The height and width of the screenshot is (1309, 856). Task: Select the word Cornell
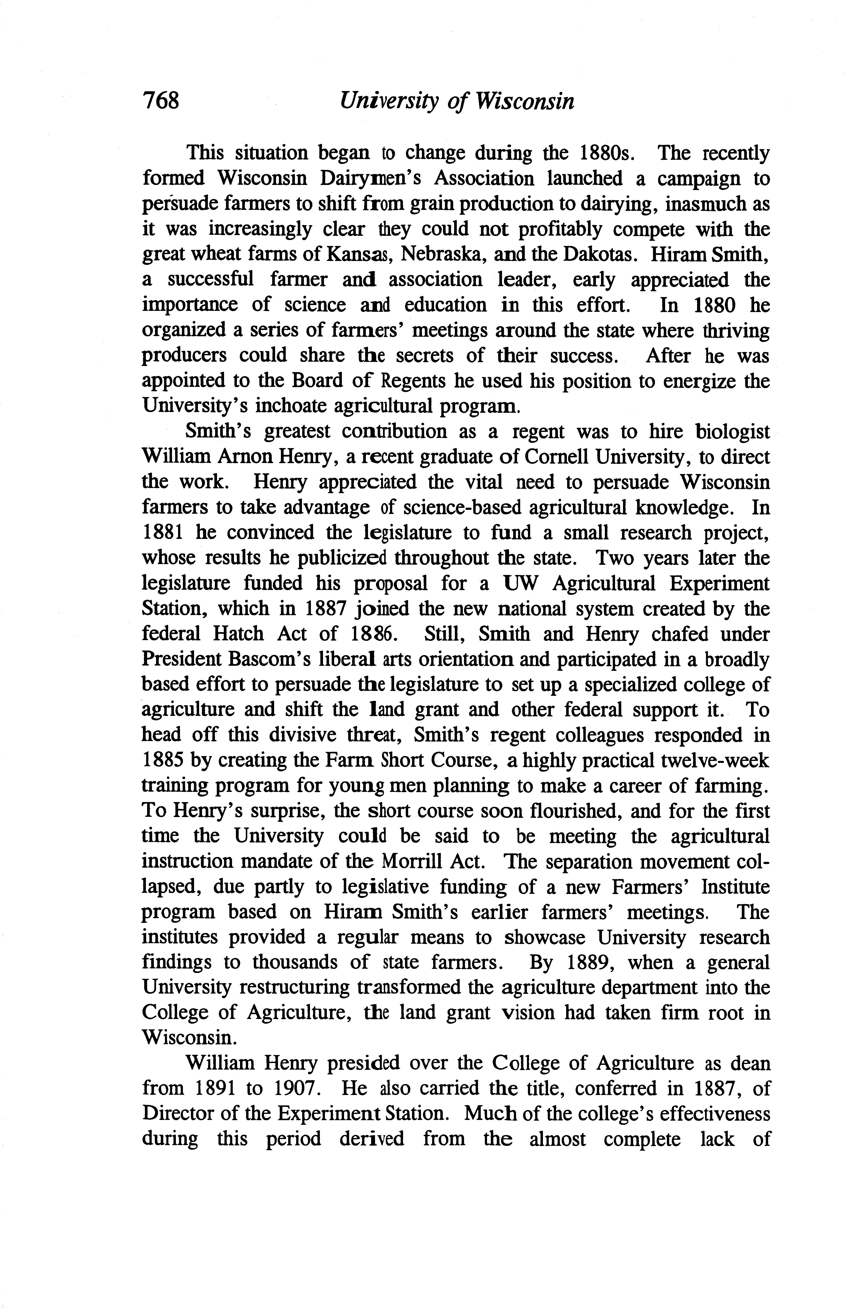558,457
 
